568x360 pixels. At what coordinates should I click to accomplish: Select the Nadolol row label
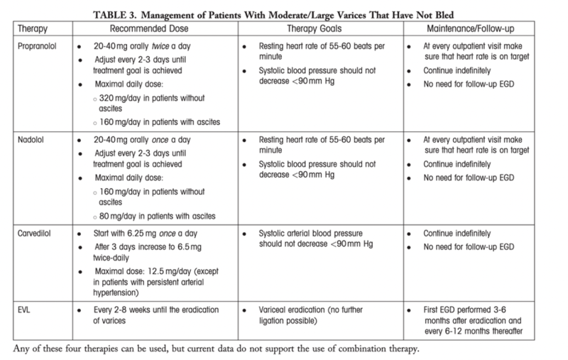(x=26, y=141)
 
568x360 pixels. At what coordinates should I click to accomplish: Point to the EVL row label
(x=21, y=310)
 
